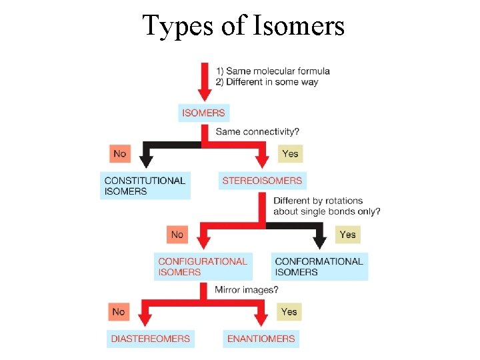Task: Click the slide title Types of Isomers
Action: pos(243,26)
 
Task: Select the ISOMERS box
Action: pos(203,113)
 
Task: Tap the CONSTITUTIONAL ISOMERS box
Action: pos(145,185)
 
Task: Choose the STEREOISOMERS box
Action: pos(262,180)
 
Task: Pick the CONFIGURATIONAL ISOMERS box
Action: pos(203,267)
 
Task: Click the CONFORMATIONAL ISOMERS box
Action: pos(319,267)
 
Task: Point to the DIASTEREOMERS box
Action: pos(151,338)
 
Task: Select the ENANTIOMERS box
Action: pos(261,338)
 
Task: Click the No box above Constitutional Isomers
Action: pos(120,153)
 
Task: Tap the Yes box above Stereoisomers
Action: pos(290,153)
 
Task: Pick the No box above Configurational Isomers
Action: pos(177,235)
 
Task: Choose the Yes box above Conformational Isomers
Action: pos(347,235)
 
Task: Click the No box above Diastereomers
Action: pos(119,311)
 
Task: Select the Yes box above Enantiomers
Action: pos(289,311)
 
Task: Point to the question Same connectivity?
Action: pos(257,132)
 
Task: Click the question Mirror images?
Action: pos(247,289)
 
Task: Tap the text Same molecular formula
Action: pos(277,71)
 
